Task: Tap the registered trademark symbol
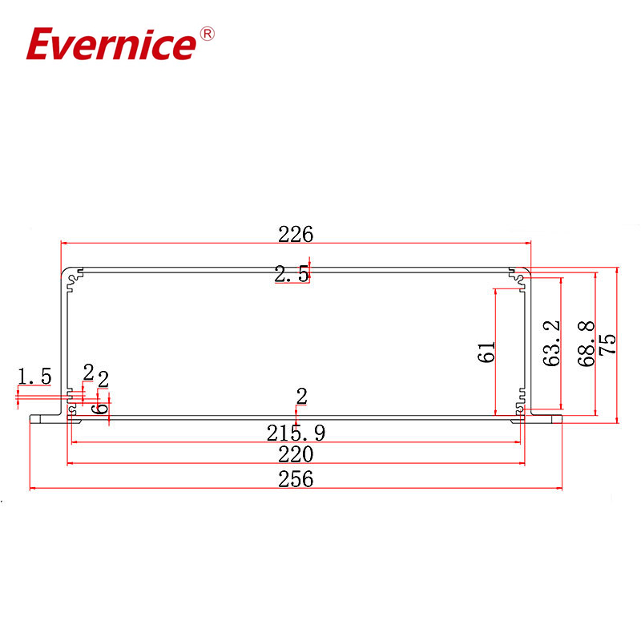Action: (x=206, y=34)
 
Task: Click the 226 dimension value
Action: (x=295, y=234)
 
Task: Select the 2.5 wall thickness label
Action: (x=290, y=275)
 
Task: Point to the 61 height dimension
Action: (x=487, y=353)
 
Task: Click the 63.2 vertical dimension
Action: (x=550, y=344)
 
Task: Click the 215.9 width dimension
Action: (x=296, y=433)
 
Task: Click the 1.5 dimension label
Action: (x=34, y=375)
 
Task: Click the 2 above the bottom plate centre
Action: (x=302, y=396)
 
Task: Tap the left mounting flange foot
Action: (x=44, y=420)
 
